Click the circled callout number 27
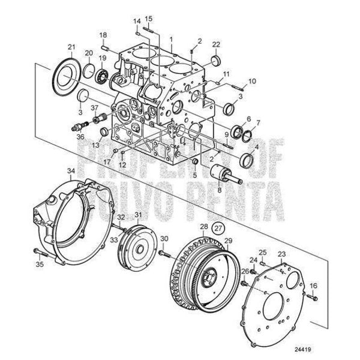click(219, 228)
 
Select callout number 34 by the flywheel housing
click(71, 171)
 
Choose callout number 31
click(139, 215)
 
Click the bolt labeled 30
click(162, 254)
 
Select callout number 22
click(216, 45)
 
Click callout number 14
click(137, 22)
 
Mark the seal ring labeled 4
click(246, 160)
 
